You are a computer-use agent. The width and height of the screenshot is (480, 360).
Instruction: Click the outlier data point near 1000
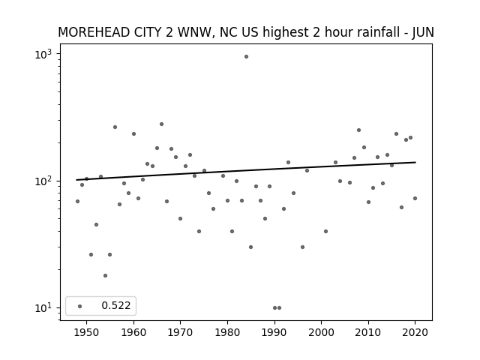click(x=246, y=57)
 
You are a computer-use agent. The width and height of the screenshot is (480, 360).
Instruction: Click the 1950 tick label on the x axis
click(x=87, y=332)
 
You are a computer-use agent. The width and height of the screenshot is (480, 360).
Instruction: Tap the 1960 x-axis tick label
click(x=133, y=332)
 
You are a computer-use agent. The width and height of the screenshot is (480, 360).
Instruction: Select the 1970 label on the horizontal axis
click(x=180, y=332)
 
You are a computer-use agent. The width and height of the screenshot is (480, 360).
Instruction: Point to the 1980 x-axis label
click(x=227, y=332)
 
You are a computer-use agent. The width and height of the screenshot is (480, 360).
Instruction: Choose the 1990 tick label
click(x=274, y=332)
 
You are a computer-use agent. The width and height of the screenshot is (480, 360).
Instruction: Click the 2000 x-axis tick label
click(x=321, y=332)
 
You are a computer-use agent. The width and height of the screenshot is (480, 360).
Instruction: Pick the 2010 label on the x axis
click(x=368, y=332)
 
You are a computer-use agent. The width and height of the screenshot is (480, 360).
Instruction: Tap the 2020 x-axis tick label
click(x=415, y=332)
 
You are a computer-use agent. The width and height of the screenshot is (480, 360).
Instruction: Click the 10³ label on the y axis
click(x=43, y=55)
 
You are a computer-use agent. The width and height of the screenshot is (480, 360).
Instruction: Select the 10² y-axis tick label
click(x=43, y=181)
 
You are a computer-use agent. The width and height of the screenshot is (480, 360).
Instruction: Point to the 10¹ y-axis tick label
click(x=43, y=308)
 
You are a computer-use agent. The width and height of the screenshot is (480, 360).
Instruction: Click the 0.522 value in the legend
click(x=116, y=305)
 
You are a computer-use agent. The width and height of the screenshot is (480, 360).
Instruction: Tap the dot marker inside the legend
click(x=80, y=306)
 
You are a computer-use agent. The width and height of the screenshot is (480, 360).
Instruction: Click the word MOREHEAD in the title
click(x=94, y=32)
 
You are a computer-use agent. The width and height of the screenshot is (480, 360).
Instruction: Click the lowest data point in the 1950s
click(x=105, y=275)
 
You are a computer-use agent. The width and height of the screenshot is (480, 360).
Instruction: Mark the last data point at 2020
click(x=415, y=198)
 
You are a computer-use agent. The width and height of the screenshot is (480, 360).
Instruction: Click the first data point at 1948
click(x=77, y=202)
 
